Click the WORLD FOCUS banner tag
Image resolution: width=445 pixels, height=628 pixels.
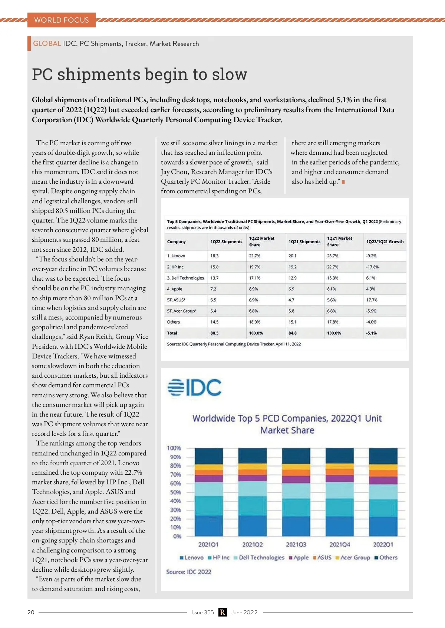(62, 20)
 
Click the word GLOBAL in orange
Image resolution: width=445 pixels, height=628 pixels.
(47, 44)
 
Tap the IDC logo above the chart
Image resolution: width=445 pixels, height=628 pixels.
(194, 387)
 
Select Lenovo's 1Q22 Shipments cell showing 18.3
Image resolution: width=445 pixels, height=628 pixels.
(214, 256)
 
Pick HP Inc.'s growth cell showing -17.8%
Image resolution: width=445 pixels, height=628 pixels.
(372, 267)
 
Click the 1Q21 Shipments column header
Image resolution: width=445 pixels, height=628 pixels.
(304, 242)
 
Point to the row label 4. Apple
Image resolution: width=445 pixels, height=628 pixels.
(175, 289)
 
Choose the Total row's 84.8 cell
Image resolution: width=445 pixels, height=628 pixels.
(293, 333)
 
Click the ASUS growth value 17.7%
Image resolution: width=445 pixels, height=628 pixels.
(372, 300)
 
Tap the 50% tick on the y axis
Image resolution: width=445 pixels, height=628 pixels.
(175, 492)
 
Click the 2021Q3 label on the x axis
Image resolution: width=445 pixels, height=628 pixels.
(296, 545)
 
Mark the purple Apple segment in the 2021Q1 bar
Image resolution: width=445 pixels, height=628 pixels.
(209, 478)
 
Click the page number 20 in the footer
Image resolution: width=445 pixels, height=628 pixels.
(31, 612)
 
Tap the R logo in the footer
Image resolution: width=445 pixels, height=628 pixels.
(222, 612)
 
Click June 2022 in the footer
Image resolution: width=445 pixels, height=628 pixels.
(244, 612)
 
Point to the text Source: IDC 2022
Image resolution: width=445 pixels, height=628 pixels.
(189, 572)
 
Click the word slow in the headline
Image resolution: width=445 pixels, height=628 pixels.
(230, 74)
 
